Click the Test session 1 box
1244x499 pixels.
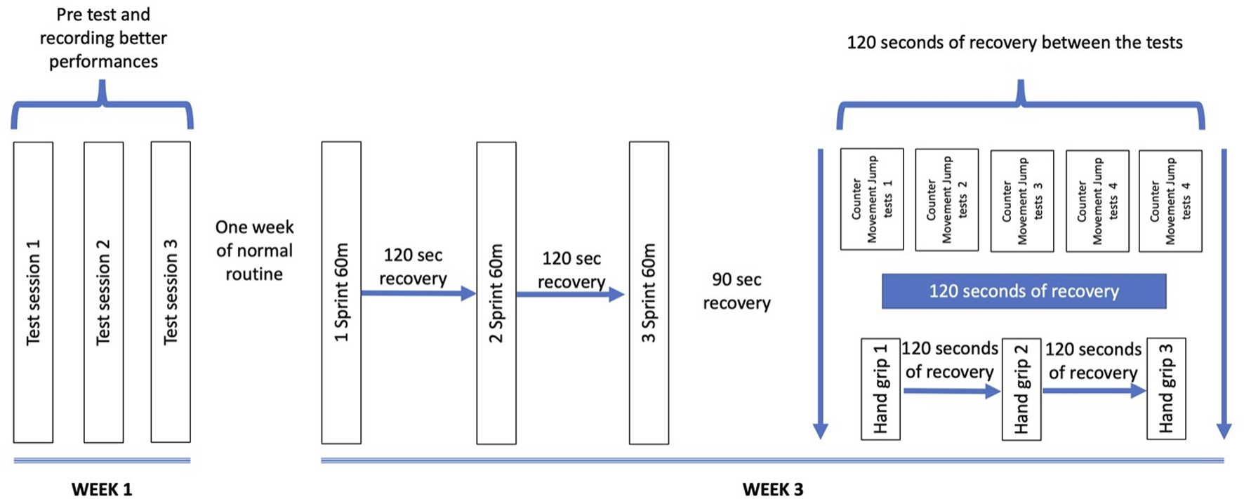coord(33,292)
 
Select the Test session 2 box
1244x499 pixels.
coord(103,292)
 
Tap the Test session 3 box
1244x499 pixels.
coord(171,292)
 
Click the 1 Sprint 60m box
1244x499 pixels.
coord(341,292)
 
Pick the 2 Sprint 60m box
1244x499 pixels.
coord(496,293)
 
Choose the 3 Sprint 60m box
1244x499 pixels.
coord(649,293)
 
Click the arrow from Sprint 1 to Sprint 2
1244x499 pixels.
coord(418,293)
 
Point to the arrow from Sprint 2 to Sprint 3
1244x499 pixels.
coord(570,295)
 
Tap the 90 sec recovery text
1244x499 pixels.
coord(736,291)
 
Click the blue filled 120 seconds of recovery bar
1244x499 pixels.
coord(1024,291)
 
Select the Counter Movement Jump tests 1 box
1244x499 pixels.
coord(872,199)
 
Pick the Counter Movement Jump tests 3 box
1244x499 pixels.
coord(1021,201)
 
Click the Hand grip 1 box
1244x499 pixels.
coord(880,389)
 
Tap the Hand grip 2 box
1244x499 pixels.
coord(1021,390)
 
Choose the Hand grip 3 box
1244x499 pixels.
coord(1166,389)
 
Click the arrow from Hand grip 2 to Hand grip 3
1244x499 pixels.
coord(1094,391)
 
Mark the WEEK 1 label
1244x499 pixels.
coord(102,489)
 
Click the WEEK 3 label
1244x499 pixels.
coord(772,489)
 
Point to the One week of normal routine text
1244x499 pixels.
coord(254,251)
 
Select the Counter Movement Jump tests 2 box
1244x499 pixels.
coord(946,200)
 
